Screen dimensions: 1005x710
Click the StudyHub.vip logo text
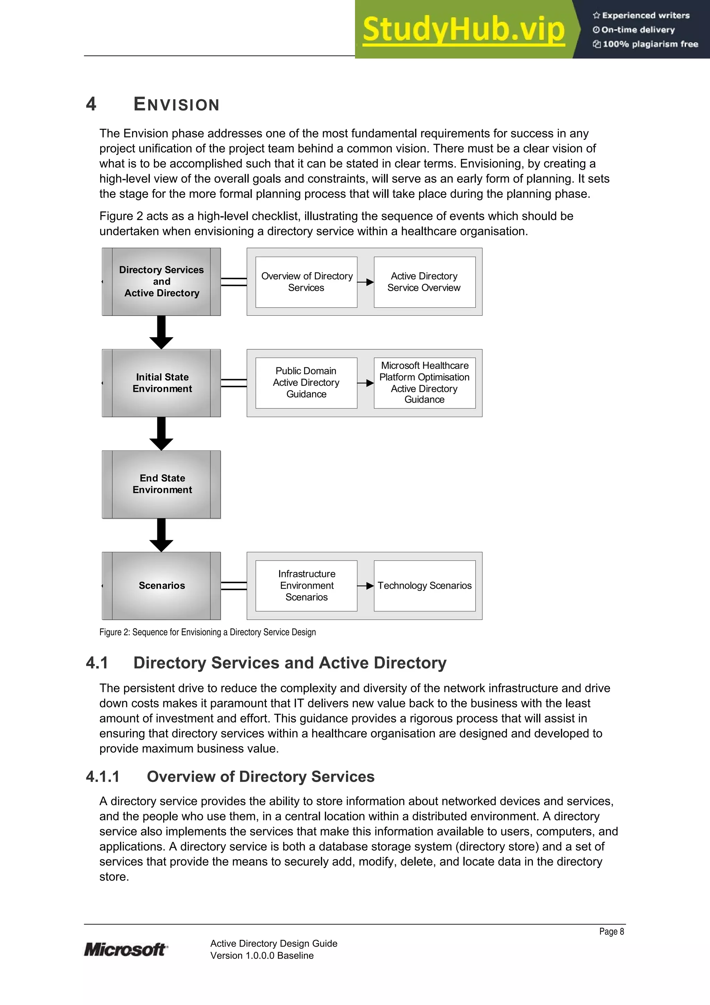point(463,30)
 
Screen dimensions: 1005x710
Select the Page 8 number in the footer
point(611,931)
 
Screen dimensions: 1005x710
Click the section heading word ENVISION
point(176,105)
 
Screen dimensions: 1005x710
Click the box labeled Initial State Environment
point(162,383)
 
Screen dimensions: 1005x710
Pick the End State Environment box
point(162,484)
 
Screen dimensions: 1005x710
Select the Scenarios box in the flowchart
point(162,586)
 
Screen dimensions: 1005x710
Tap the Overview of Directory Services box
point(306,282)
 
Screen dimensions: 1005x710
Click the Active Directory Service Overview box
point(424,282)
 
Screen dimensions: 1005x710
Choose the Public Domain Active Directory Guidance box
point(306,383)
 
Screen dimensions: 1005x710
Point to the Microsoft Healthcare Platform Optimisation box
point(424,383)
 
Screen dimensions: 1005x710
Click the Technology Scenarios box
point(424,586)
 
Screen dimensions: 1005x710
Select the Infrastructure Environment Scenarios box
point(306,586)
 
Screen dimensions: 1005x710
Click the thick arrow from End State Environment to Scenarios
point(162,535)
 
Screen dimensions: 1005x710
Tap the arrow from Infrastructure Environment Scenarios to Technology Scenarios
point(365,586)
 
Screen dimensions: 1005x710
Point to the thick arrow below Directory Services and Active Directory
point(162,332)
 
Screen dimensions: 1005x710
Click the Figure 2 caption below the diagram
point(207,632)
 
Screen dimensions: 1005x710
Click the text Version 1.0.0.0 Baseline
point(262,955)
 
